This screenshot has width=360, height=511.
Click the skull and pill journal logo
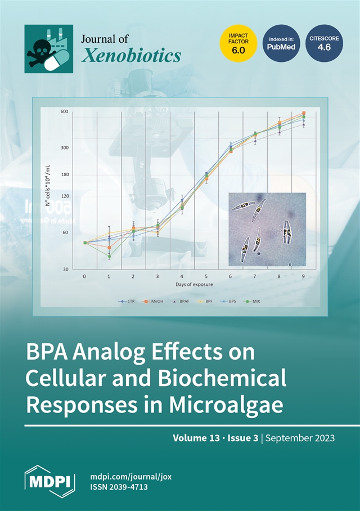(48, 49)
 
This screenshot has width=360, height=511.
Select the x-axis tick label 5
(206, 277)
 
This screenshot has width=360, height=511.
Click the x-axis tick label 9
(304, 277)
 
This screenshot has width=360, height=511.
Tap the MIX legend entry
(253, 302)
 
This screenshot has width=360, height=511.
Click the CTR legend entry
(131, 302)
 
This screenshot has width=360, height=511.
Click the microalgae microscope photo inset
(267, 229)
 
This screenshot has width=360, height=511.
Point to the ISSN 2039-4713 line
(119, 487)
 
